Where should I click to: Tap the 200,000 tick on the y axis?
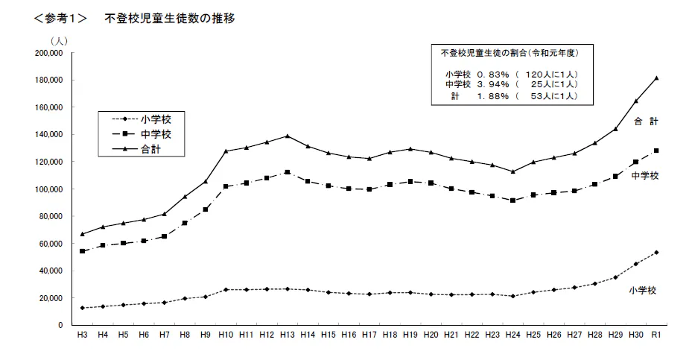(48, 53)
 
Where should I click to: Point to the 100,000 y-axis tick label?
(48, 189)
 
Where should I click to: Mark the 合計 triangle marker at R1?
(656, 78)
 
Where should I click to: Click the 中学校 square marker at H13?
(286, 172)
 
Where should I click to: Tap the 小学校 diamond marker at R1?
(656, 252)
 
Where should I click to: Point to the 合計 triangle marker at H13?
(286, 136)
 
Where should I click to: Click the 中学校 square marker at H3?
(82, 251)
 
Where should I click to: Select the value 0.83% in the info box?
(493, 75)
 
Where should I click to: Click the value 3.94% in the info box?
(493, 85)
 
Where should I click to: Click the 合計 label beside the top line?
(645, 121)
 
